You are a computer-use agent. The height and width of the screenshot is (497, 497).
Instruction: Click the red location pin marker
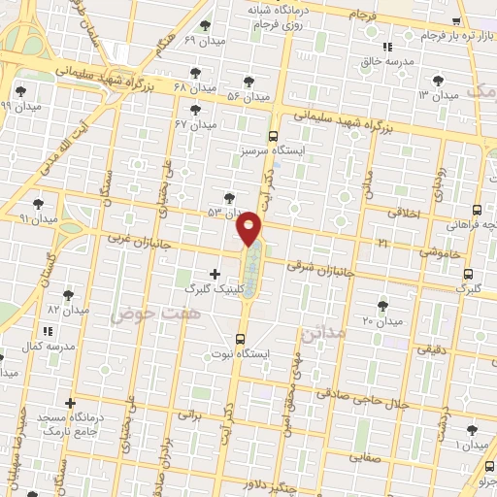click(x=249, y=228)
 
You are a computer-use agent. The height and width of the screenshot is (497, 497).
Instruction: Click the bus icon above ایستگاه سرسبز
click(x=273, y=136)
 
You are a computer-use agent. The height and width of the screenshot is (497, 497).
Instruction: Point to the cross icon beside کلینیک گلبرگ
click(x=215, y=275)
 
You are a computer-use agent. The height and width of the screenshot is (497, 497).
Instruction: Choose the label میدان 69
click(x=204, y=40)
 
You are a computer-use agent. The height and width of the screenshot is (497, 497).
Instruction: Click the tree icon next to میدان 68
click(x=196, y=73)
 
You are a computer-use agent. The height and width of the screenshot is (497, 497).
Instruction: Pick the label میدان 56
click(x=248, y=96)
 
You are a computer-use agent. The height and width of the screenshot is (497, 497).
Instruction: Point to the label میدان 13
click(x=437, y=95)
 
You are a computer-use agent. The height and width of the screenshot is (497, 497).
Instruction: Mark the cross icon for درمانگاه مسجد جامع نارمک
click(x=69, y=402)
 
